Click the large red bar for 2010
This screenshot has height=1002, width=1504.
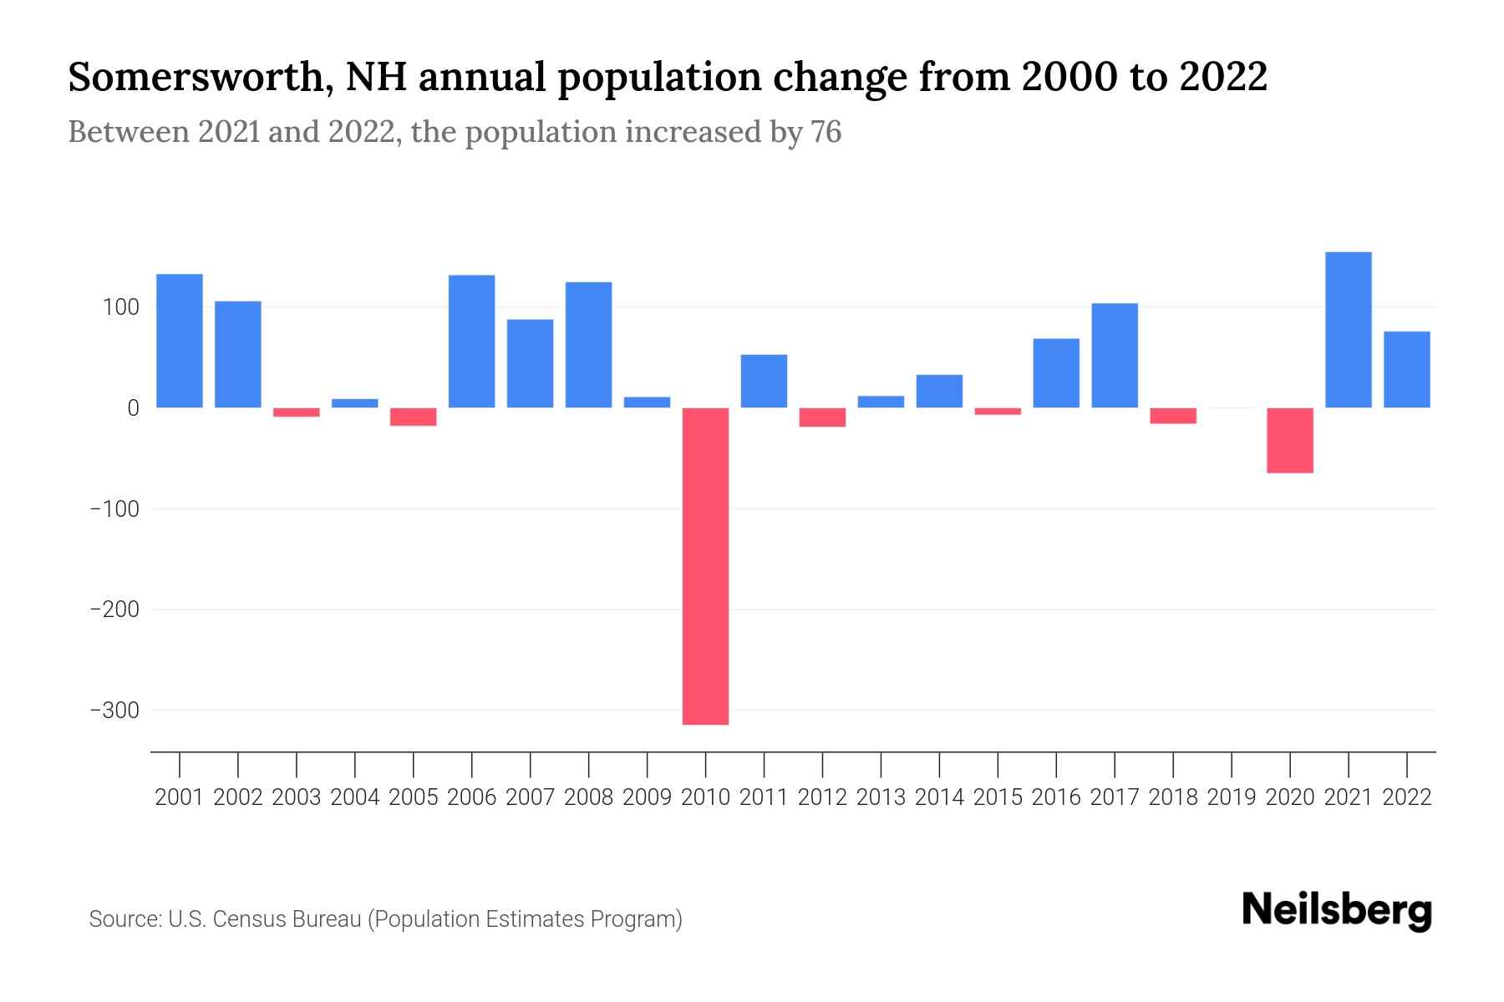point(705,565)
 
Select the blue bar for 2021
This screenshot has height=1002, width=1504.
point(1348,330)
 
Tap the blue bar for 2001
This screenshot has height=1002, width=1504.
point(180,341)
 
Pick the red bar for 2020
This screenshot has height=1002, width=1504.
point(1289,440)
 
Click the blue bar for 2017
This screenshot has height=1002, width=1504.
point(1114,355)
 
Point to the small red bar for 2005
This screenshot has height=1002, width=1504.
point(414,417)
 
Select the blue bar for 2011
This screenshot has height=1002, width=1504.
point(764,381)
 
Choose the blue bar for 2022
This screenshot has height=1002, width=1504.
point(1406,369)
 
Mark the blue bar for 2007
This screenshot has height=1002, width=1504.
point(530,363)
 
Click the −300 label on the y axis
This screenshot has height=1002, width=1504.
point(114,711)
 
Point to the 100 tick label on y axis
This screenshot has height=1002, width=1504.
point(120,307)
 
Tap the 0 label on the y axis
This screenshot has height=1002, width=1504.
point(133,408)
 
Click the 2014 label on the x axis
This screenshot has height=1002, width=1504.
point(939,797)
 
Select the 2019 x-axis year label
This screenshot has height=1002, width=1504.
point(1231,797)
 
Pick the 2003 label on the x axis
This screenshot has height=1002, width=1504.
point(297,797)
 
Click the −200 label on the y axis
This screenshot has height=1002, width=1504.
point(114,610)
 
